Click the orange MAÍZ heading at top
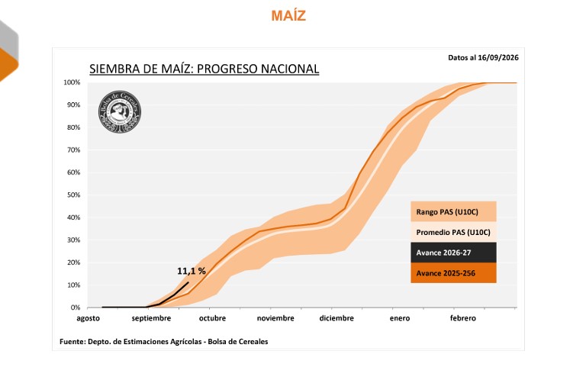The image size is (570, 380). click(288, 15)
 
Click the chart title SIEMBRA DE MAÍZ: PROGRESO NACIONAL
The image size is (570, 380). click(204, 69)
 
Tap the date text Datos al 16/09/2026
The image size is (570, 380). click(483, 58)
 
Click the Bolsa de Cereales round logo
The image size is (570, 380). click(120, 111)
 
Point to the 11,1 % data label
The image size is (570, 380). click(192, 271)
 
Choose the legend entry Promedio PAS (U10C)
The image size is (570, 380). click(453, 232)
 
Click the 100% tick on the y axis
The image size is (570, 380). click(72, 82)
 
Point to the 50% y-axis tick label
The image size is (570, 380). click(73, 195)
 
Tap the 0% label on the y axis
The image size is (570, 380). click(76, 308)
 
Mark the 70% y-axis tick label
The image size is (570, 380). click(73, 150)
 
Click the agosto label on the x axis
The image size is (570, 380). click(88, 318)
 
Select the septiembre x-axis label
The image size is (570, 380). click(151, 318)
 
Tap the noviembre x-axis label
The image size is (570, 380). click(275, 318)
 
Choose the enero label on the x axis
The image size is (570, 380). click(400, 318)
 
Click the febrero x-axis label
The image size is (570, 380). click(462, 318)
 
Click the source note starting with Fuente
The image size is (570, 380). click(163, 342)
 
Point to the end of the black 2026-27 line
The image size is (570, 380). click(188, 282)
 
